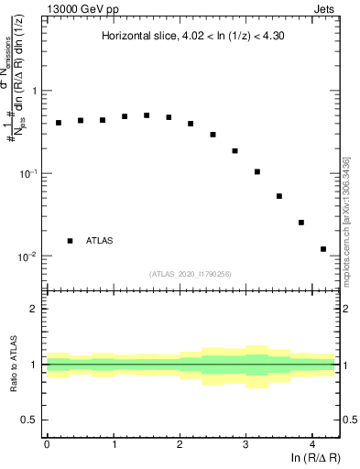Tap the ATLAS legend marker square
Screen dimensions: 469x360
[71, 241]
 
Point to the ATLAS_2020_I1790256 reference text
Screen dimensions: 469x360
[191, 274]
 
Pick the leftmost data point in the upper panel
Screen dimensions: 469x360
[59, 123]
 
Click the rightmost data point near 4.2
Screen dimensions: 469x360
[323, 249]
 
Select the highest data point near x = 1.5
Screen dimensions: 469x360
[147, 115]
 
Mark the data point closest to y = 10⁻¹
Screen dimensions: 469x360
[257, 171]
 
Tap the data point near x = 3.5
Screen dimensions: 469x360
[279, 196]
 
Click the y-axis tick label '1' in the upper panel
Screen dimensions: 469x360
[34, 91]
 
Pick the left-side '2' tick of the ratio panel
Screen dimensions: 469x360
[34, 309]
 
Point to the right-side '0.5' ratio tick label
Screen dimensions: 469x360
[349, 420]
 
